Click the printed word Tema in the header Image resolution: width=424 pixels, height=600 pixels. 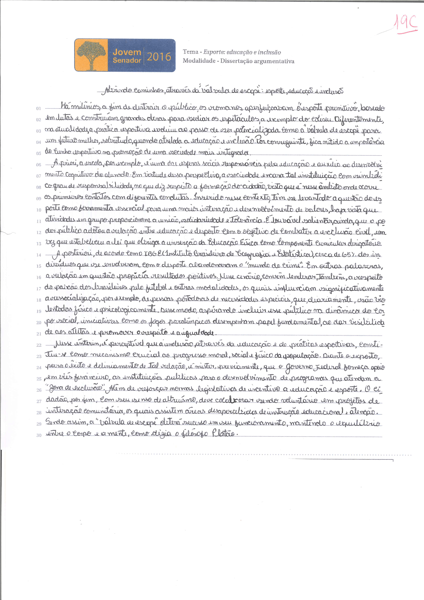point(190,52)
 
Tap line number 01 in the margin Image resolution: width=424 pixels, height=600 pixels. point(39,108)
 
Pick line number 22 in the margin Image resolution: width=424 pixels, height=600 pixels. point(39,345)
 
